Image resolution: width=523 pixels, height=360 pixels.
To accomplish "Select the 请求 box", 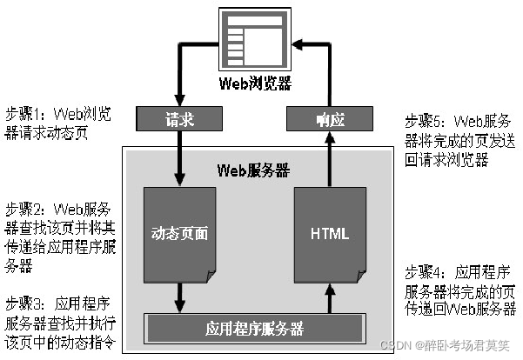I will pos(178,117).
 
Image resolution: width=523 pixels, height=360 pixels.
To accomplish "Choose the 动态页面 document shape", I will pos(179,233).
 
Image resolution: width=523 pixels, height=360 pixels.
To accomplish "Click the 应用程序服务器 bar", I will pos(254,329).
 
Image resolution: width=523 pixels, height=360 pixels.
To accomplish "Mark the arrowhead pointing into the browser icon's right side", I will pos(297,41).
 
